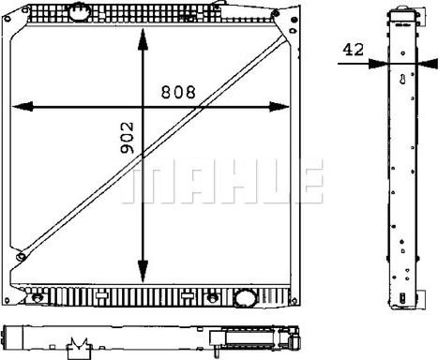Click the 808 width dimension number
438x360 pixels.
click(x=178, y=92)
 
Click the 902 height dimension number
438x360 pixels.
click(x=127, y=138)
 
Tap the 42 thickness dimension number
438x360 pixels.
click(x=354, y=50)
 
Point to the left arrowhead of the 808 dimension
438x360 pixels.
click(x=23, y=107)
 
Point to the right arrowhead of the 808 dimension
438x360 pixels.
click(x=279, y=107)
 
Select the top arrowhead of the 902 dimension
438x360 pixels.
click(x=143, y=39)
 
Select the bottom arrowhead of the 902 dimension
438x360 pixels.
click(x=143, y=271)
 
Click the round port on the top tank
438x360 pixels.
click(x=80, y=12)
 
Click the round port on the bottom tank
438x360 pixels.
click(x=245, y=297)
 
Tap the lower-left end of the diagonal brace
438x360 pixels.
click(x=21, y=257)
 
